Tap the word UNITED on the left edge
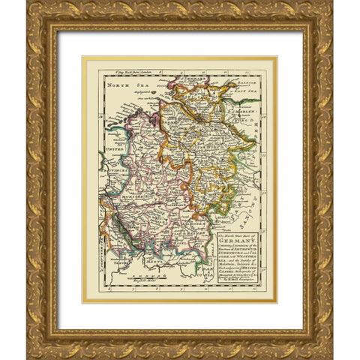click(114, 150)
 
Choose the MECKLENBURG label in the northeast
click(251, 112)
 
